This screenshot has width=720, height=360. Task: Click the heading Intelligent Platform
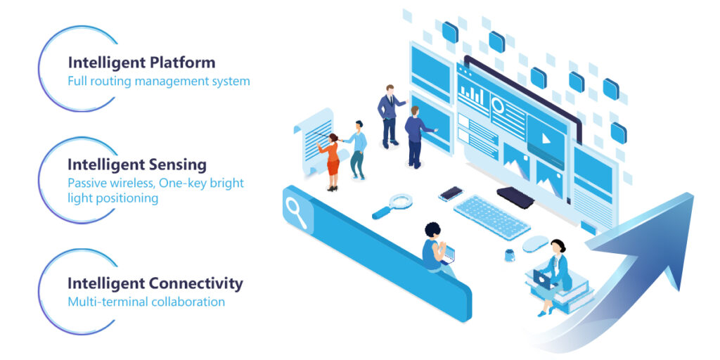pyautogui.click(x=141, y=63)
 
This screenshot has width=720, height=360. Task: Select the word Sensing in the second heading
pyautogui.click(x=178, y=165)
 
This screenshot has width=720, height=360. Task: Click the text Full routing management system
pyautogui.click(x=159, y=82)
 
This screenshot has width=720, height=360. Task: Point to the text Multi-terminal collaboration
pyautogui.click(x=146, y=302)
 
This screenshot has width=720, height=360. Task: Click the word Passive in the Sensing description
pyautogui.click(x=88, y=184)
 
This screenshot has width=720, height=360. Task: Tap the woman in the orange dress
pyautogui.click(x=332, y=162)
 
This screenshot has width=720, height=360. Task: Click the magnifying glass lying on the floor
pyautogui.click(x=392, y=205)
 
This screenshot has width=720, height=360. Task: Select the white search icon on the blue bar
pyautogui.click(x=296, y=212)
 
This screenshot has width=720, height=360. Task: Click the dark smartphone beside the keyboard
pyautogui.click(x=451, y=193)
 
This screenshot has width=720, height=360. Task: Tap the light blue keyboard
pyautogui.click(x=491, y=217)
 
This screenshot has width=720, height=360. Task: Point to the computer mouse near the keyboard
pyautogui.click(x=535, y=243)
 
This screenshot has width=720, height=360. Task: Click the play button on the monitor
pyautogui.click(x=546, y=138)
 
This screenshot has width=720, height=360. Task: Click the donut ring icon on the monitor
pyautogui.click(x=498, y=105)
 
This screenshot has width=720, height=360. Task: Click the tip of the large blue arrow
pyautogui.click(x=693, y=194)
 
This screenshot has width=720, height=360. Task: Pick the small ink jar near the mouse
pyautogui.click(x=509, y=255)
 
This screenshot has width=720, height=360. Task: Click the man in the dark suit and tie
pyautogui.click(x=390, y=116)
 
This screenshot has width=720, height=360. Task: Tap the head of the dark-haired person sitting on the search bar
pyautogui.click(x=432, y=230)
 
